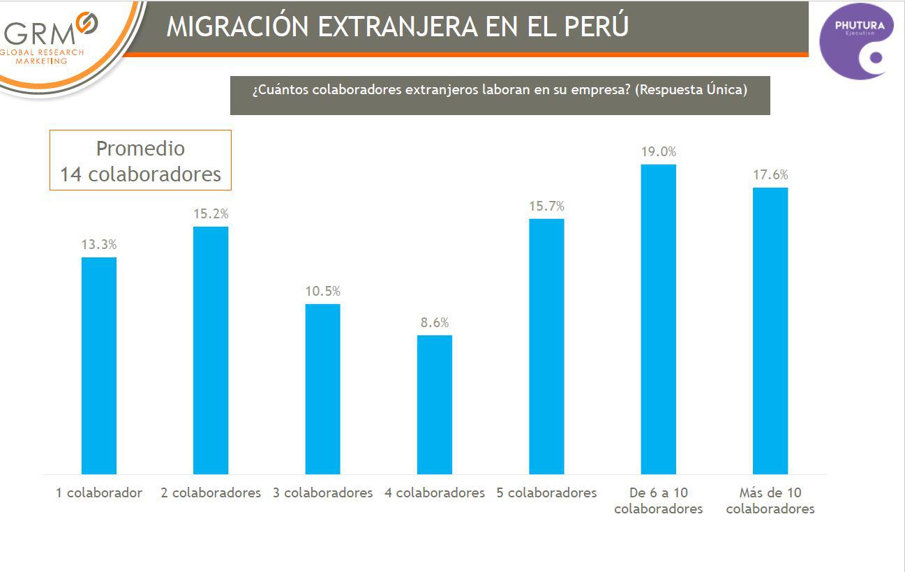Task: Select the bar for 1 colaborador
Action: (99, 366)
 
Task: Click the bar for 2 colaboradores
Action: (211, 350)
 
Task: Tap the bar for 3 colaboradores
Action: (322, 389)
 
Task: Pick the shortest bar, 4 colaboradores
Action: (435, 405)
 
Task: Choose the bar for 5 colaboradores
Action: (546, 346)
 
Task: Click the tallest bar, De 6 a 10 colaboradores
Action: (659, 319)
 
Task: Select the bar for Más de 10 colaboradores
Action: (770, 331)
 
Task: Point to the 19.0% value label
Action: (659, 151)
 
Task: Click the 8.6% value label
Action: (435, 322)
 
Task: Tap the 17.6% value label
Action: (770, 174)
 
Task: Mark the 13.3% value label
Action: (99, 244)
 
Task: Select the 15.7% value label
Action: (546, 206)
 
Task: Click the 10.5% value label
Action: (322, 291)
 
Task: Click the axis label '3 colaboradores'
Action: (322, 492)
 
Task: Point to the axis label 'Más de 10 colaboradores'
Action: (770, 501)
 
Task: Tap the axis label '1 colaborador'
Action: (99, 492)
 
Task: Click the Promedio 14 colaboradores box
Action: (140, 160)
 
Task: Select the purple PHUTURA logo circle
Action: (856, 40)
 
